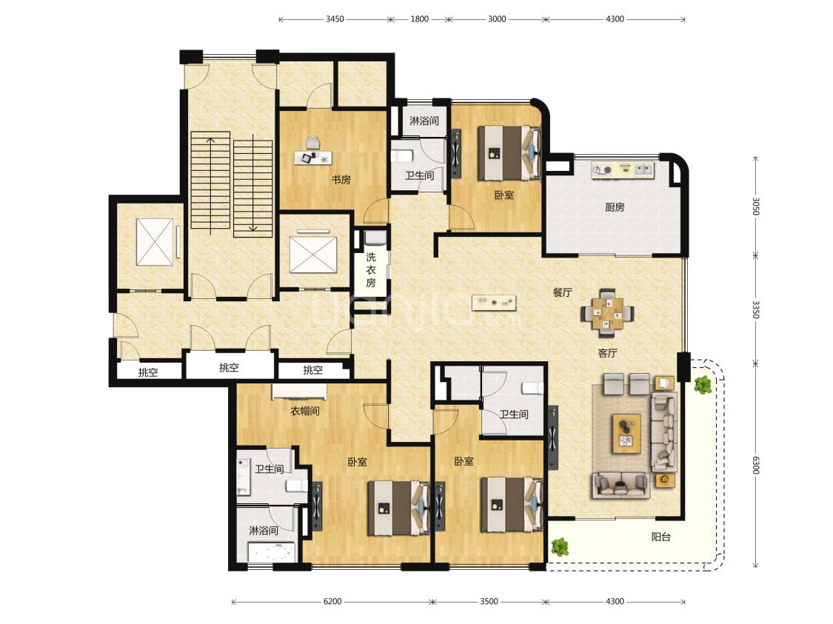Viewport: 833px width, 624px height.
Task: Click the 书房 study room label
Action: click(341, 179)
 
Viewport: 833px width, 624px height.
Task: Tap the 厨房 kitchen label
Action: click(615, 207)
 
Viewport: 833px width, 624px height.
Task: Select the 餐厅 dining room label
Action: click(562, 292)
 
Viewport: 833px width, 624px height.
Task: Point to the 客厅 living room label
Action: click(607, 353)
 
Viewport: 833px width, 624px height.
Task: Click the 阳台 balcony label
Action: click(661, 537)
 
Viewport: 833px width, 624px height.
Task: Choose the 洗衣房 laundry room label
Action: click(371, 269)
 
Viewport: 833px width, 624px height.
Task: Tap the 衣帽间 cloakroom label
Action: click(305, 411)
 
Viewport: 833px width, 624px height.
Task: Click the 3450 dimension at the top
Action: click(335, 19)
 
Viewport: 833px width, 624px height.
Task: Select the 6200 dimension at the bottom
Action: click(332, 601)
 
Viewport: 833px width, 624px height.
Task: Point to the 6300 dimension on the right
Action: click(755, 465)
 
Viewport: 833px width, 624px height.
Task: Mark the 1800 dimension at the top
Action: click(419, 19)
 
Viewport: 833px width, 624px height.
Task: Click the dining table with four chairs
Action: click(607, 313)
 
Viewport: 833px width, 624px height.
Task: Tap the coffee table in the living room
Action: click(626, 434)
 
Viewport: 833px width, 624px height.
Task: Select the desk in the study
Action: click(313, 157)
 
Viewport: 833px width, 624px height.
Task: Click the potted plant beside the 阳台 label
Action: click(560, 546)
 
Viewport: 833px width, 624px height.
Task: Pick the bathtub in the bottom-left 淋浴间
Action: click(272, 552)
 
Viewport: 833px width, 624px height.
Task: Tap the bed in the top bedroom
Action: click(509, 153)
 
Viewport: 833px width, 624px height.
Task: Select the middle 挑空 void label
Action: click(229, 367)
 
